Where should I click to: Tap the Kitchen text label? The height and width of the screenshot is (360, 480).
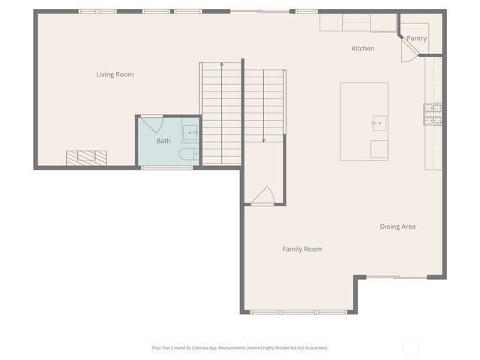click(363, 49)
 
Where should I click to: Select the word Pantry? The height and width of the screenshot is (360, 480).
click(417, 38)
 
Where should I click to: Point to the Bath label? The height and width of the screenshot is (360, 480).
click(163, 141)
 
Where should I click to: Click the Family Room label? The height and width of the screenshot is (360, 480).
click(301, 249)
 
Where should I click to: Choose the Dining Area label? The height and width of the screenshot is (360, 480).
click(397, 226)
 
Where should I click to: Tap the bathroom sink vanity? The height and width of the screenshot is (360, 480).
click(190, 133)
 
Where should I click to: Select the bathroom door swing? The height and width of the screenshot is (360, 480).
click(152, 124)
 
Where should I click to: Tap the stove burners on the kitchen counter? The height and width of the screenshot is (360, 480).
click(432, 113)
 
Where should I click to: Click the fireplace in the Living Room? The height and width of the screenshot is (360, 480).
click(86, 157)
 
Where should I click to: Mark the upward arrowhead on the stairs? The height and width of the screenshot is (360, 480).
click(222, 65)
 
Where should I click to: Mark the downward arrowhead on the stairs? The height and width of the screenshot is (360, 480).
click(264, 139)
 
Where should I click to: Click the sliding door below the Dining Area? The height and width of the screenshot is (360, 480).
click(396, 277)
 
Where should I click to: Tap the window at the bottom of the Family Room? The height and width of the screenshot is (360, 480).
click(298, 311)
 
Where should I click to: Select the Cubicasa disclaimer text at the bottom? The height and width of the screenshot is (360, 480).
click(240, 348)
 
